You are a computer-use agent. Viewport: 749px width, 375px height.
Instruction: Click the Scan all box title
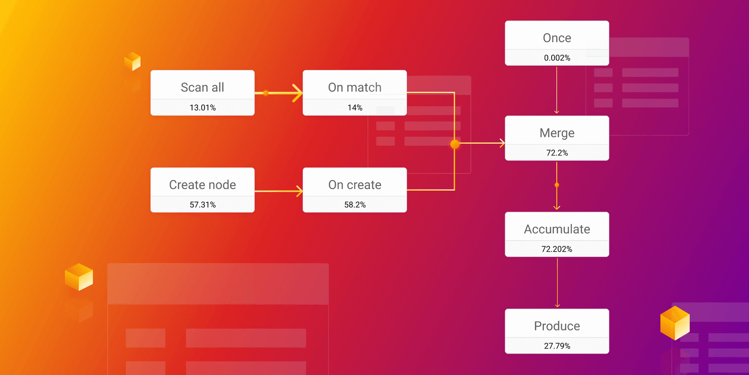(202, 87)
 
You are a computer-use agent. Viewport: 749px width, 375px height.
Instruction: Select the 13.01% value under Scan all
(202, 107)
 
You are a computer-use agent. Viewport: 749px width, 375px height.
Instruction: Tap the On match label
(355, 87)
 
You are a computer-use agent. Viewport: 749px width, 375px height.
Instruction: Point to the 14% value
(355, 107)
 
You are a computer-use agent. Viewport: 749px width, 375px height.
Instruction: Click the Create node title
(202, 184)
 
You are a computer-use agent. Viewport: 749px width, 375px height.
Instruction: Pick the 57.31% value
(202, 205)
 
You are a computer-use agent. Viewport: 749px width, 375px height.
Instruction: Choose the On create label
(355, 184)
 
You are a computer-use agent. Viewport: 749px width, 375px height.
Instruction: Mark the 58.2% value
(355, 205)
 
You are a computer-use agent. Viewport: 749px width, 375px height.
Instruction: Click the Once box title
(557, 38)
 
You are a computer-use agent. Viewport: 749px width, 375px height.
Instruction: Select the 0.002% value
(557, 58)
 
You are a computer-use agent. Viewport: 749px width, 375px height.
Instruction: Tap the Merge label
(557, 133)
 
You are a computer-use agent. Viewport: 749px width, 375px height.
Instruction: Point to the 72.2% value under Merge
(557, 153)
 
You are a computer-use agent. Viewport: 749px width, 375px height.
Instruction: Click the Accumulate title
(557, 229)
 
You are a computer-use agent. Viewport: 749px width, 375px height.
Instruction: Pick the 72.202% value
(557, 249)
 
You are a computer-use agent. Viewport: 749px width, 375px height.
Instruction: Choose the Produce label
(557, 326)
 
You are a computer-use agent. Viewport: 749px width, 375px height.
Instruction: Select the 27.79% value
(557, 346)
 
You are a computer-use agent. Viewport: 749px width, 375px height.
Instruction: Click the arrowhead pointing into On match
(298, 93)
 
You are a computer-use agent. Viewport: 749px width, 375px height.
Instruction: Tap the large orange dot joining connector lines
(455, 144)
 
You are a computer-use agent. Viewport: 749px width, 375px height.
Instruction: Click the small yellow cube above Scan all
(132, 61)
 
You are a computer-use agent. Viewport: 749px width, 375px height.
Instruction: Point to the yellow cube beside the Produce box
(674, 323)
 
